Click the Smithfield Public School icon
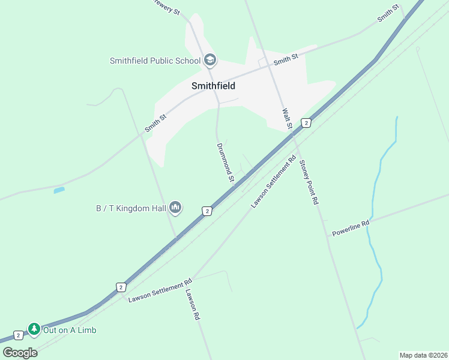pos(210,60)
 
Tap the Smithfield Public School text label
pos(155,61)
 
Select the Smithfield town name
pos(213,86)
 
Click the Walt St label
pos(286,119)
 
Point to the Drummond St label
pos(224,162)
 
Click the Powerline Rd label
pos(351,228)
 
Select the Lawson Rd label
pos(192,305)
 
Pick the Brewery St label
pos(166,7)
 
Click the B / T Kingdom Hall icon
pos(175,208)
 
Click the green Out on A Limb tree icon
pos(34,329)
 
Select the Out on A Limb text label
pos(70,330)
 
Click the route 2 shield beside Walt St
pos(306,122)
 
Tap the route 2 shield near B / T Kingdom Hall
pos(206,211)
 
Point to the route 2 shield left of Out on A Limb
pos(18,335)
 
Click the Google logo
pos(20,352)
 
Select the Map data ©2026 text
pos(423,355)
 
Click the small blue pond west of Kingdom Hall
pos(59,190)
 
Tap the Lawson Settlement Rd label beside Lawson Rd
pos(160,289)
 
